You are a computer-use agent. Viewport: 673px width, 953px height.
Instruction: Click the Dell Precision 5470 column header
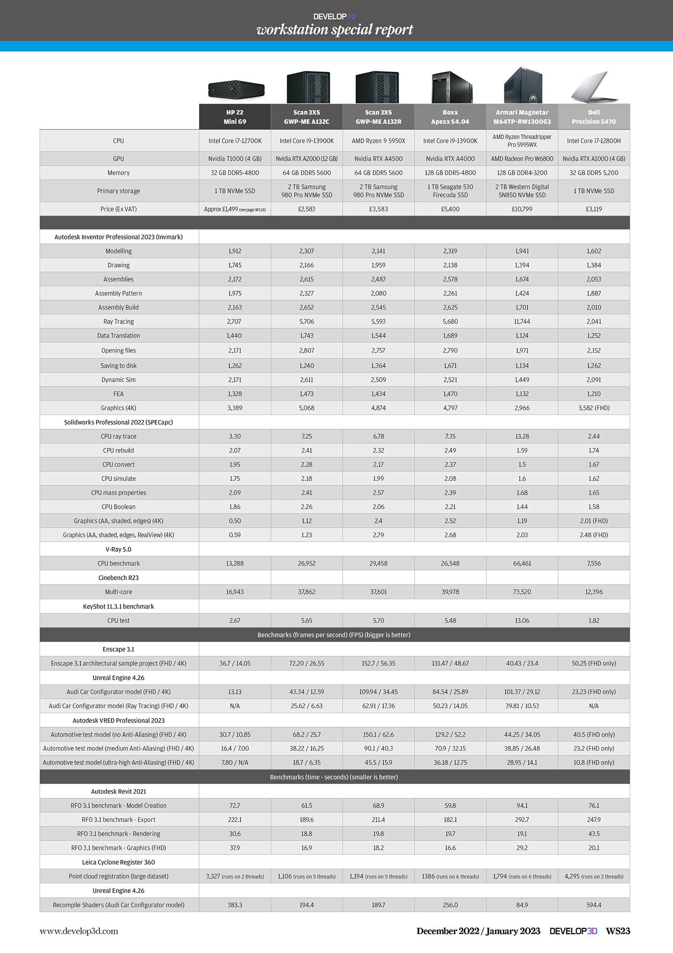pos(594,117)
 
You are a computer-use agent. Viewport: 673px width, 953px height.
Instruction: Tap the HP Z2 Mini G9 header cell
pos(235,117)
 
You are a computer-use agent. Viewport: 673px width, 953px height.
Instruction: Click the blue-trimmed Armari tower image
pos(523,85)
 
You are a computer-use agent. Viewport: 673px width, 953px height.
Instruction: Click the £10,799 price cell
pos(522,209)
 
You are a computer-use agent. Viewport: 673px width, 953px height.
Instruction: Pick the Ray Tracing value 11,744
pos(522,322)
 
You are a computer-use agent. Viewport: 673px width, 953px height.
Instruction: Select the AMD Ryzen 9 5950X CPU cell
pos(378,141)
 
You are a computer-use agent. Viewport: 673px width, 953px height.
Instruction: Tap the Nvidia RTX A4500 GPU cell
pos(378,159)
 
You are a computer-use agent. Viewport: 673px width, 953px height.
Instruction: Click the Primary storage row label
pos(118,191)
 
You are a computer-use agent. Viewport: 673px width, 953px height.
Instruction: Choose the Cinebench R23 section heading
pos(118,578)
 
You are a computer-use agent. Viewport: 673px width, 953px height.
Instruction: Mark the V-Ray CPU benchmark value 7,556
pos(594,564)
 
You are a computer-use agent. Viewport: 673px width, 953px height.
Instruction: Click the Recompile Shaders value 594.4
pos(594,905)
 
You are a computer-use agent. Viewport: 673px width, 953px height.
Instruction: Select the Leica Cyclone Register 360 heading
pos(118,862)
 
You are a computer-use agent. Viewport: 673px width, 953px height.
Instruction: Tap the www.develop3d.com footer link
pos(79,931)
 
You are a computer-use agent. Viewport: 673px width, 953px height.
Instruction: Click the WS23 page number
pos(618,931)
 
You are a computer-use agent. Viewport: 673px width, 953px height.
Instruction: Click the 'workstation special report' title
pos(335,30)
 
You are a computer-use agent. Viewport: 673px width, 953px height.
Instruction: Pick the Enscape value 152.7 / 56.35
pos(378,664)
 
